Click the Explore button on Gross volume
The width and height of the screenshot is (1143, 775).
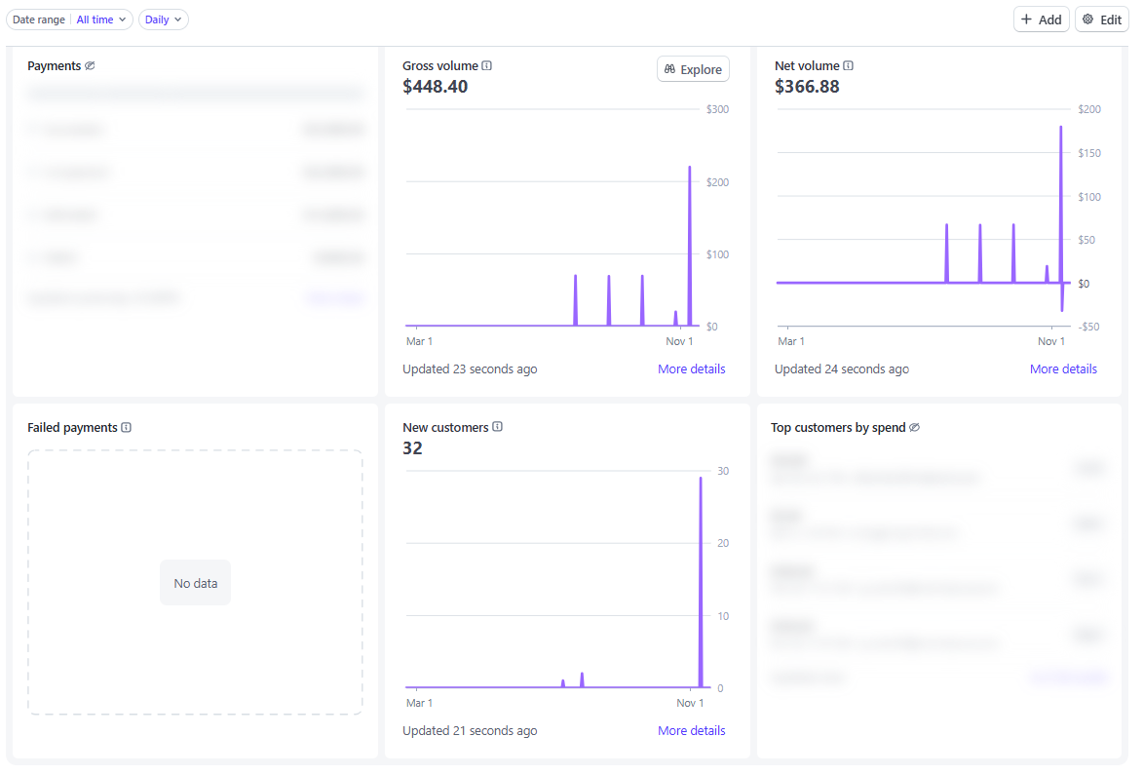(693, 69)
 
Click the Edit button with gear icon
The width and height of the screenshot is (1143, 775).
(1101, 19)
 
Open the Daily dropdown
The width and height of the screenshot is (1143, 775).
(163, 19)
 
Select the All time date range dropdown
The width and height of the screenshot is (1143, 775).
(100, 19)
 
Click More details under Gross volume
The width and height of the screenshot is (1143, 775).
(691, 368)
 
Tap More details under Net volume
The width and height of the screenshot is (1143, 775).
(1063, 368)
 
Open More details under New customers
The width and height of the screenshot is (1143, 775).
(691, 730)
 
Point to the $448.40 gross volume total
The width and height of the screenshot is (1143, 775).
(435, 87)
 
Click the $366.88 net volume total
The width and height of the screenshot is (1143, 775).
(807, 87)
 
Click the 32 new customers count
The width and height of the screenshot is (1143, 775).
(412, 448)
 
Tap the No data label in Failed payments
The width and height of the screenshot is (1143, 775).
(195, 583)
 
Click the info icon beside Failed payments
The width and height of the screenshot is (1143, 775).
(127, 427)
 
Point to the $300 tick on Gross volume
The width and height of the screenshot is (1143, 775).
(717, 109)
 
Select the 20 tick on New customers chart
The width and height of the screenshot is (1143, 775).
(722, 543)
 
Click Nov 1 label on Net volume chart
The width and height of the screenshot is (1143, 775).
(1051, 341)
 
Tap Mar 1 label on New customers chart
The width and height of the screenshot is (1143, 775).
(419, 703)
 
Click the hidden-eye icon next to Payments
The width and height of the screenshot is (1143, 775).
(90, 66)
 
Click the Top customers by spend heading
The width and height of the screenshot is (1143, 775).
(838, 427)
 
